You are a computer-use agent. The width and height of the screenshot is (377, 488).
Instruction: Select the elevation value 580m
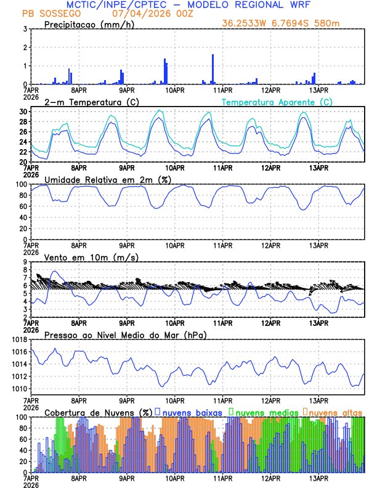pos(326,23)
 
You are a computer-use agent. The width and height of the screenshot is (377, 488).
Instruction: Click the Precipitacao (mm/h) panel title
pos(89,24)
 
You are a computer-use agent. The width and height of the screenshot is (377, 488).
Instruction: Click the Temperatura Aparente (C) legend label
pos(277,102)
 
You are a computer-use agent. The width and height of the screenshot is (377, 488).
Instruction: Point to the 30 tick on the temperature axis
pos(23,112)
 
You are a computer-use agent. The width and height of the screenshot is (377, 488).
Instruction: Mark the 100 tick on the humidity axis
pos(21,184)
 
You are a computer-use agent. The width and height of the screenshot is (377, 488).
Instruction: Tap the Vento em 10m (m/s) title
pos(91,257)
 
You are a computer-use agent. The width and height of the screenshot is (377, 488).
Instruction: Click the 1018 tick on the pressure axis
pos(19,340)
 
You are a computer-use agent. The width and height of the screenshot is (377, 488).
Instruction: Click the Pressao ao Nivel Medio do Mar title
pos(125,335)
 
